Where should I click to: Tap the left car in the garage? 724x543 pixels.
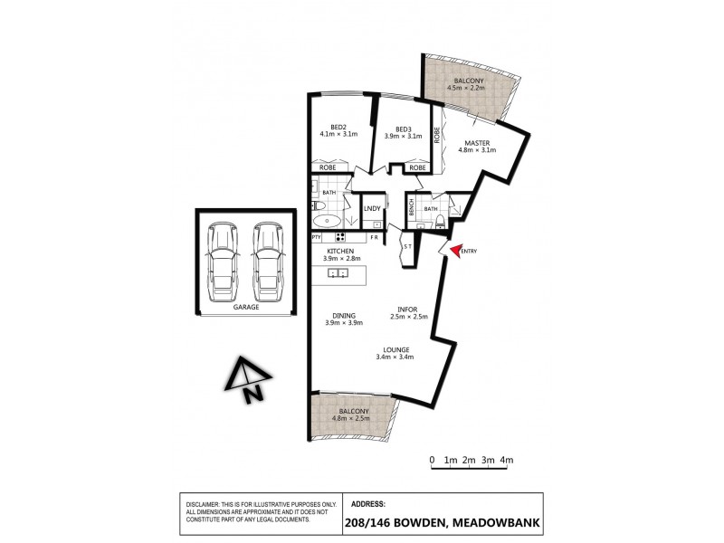click(222, 262)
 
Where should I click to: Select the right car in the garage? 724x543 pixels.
click(268, 262)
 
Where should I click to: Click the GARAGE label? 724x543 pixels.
click(246, 308)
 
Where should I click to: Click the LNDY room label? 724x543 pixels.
click(372, 210)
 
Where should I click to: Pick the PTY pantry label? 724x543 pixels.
click(317, 238)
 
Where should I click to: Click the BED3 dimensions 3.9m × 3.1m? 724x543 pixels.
click(404, 136)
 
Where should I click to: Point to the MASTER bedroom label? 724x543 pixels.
click(478, 143)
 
